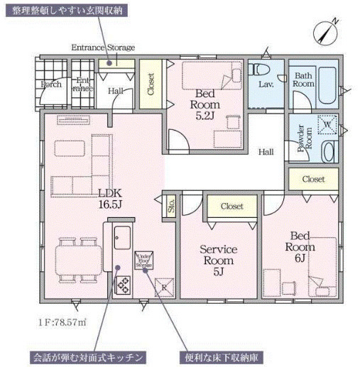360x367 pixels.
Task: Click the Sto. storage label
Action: (x=171, y=205)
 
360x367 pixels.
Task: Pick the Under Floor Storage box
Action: (x=144, y=259)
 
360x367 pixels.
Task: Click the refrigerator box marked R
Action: (x=164, y=285)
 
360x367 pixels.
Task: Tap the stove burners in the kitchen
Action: (x=122, y=284)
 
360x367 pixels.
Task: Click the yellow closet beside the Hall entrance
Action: (x=151, y=87)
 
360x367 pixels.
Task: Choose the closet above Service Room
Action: (x=231, y=206)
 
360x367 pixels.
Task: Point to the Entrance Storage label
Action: (x=103, y=48)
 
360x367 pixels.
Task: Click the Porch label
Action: (x=51, y=84)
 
